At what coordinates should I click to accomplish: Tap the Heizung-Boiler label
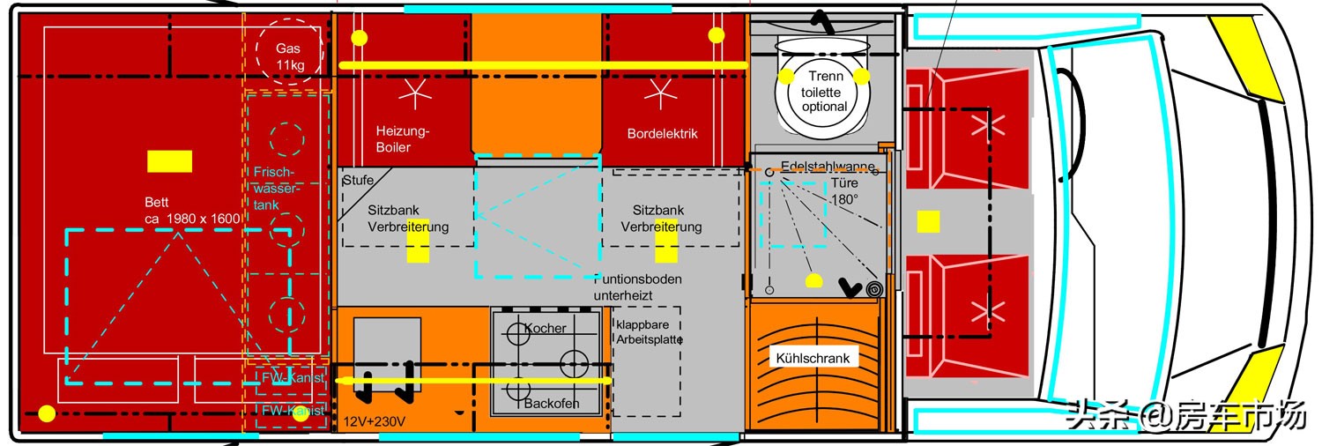click(404, 139)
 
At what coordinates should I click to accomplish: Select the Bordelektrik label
click(662, 134)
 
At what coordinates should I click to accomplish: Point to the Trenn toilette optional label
click(824, 92)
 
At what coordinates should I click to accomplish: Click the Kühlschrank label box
click(813, 359)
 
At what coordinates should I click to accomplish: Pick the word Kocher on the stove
click(546, 329)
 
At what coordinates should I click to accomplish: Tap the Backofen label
click(552, 404)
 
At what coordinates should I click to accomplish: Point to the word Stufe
click(358, 181)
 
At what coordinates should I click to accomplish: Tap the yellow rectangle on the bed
click(169, 161)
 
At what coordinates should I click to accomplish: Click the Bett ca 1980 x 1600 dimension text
click(192, 211)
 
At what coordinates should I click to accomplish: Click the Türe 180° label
click(846, 191)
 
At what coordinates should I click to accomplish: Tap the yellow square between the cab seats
click(928, 221)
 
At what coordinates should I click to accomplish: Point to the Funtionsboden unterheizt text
click(638, 287)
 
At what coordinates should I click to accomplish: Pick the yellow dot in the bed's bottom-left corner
click(47, 413)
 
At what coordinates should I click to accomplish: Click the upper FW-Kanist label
click(293, 378)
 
